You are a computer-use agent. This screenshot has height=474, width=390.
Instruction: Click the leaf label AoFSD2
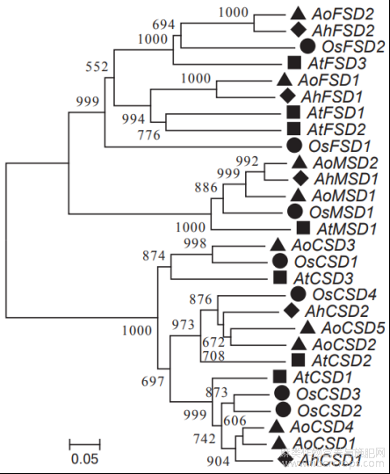pyautogui.click(x=343, y=13)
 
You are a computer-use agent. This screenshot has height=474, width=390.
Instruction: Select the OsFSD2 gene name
pyautogui.click(x=353, y=47)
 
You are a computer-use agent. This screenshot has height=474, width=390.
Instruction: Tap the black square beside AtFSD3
pyautogui.click(x=294, y=63)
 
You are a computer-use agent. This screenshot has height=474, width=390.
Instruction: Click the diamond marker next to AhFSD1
pyautogui.click(x=287, y=97)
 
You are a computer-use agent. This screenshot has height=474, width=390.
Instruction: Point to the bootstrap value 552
pyautogui.click(x=97, y=67)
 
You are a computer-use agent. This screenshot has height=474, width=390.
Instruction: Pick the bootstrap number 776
pyautogui.click(x=148, y=135)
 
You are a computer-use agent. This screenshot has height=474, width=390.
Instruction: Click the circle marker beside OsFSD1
pyautogui.click(x=294, y=146)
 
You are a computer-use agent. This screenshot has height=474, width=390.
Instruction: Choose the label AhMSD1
pyautogui.click(x=346, y=179)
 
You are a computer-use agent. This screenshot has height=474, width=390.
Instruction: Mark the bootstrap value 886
pyautogui.click(x=206, y=188)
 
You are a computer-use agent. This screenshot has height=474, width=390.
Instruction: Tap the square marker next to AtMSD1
pyautogui.click(x=303, y=228)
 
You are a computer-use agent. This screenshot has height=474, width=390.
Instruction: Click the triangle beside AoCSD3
pyautogui.click(x=278, y=245)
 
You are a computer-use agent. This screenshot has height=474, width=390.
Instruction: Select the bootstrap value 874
pyautogui.click(x=154, y=255)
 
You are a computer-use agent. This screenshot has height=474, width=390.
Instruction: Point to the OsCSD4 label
pyautogui.click(x=344, y=294)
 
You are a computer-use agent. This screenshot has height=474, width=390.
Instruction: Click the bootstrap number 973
pyautogui.click(x=184, y=325)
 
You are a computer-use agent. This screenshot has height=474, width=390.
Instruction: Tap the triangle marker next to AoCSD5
pyautogui.click(x=308, y=327)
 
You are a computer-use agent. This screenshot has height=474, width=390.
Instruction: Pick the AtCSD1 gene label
pyautogui.click(x=322, y=377)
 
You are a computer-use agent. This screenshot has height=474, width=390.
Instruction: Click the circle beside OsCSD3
pyautogui.click(x=282, y=393)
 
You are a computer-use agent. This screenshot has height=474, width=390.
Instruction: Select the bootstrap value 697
pyautogui.click(x=153, y=382)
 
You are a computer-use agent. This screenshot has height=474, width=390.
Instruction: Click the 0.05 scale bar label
pyautogui.click(x=84, y=459)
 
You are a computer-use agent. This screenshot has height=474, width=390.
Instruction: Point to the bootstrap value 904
pyautogui.click(x=218, y=462)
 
